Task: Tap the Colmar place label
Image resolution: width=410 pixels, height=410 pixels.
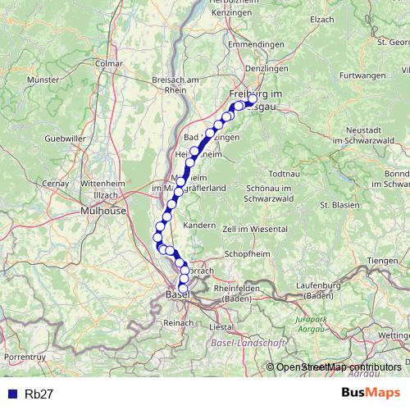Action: (x=108, y=62)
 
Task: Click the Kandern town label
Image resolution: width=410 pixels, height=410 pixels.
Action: (x=200, y=225)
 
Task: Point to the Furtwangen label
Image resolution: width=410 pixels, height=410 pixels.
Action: (x=362, y=75)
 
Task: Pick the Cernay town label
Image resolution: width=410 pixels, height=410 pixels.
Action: (x=56, y=184)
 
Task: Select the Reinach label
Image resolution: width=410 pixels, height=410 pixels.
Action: (x=178, y=323)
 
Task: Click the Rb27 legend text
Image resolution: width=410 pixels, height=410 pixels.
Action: (x=39, y=394)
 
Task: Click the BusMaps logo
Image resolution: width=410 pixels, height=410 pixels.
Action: (x=371, y=393)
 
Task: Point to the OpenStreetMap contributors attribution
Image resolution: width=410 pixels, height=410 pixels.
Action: (x=339, y=367)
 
